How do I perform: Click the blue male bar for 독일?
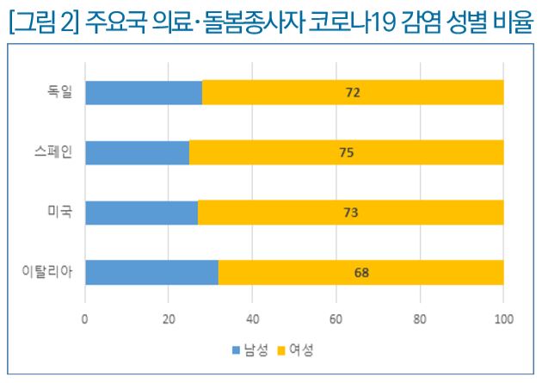click(144, 92)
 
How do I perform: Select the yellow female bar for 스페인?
click(346, 152)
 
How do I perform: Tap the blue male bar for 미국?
click(141, 213)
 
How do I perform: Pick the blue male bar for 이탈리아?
click(151, 273)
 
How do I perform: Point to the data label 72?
click(352, 92)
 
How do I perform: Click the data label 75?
click(346, 152)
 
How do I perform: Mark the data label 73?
click(350, 213)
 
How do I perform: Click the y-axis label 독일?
click(60, 92)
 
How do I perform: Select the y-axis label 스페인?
click(54, 152)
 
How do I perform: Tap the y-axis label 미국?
click(60, 213)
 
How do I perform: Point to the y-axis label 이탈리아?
click(48, 273)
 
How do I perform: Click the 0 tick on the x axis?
click(85, 319)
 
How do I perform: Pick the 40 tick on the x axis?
click(252, 319)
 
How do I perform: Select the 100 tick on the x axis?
click(503, 319)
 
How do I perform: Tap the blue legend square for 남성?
click(237, 351)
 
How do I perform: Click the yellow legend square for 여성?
click(280, 351)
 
